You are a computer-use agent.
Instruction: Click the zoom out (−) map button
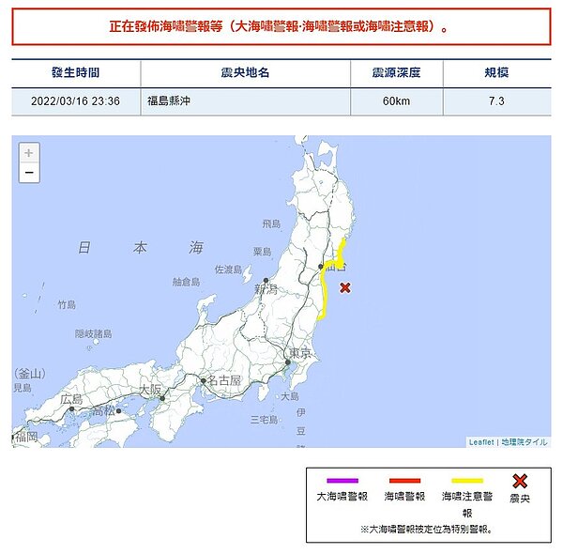pos(29,173)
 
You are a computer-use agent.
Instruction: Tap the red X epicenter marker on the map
pos(345,287)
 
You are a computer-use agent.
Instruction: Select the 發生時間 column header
pos(76,72)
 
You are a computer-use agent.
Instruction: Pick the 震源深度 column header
pos(396,72)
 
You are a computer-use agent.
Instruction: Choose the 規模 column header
pos(496,72)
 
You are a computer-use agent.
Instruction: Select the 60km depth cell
pos(396,100)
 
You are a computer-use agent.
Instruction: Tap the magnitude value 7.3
pos(496,100)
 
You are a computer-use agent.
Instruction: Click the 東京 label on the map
pos(299,353)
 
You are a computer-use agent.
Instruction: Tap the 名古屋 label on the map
pos(224,380)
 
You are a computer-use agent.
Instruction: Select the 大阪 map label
pos(149,389)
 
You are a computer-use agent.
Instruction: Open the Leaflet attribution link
pos(480,441)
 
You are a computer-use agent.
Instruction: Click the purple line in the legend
pos(342,481)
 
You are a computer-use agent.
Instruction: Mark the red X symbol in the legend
pos(519,481)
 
